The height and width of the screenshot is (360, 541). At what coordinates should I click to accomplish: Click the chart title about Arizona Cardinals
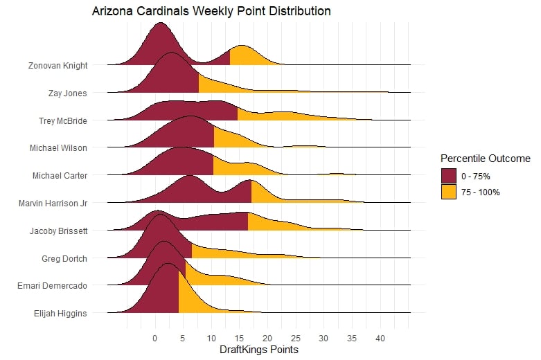[x=211, y=12]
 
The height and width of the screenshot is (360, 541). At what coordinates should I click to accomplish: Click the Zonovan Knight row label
[x=58, y=66]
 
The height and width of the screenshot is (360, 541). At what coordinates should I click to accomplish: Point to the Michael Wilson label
[x=58, y=147]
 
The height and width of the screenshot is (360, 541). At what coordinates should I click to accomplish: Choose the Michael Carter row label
[x=60, y=175]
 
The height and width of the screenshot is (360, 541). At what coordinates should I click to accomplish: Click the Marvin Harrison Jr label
[x=54, y=203]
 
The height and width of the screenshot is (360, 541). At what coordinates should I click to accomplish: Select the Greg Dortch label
[x=64, y=258]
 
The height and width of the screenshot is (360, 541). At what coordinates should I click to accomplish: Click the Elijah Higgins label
[x=60, y=313]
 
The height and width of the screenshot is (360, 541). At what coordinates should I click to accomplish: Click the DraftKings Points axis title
[x=258, y=350]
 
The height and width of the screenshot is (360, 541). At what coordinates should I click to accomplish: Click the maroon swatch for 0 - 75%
[x=448, y=176]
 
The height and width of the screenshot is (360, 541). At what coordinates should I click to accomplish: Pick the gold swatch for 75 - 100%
[x=448, y=192]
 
